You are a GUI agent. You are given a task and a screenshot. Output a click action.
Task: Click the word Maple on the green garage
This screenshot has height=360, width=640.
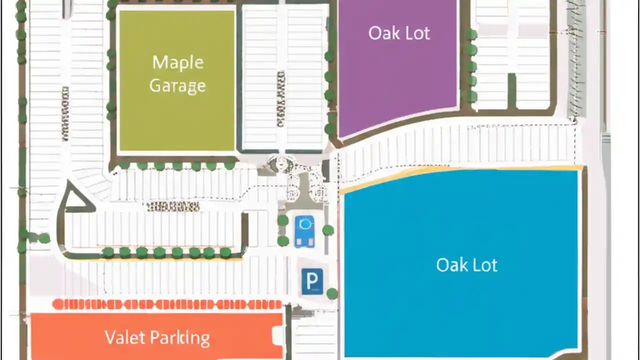177,63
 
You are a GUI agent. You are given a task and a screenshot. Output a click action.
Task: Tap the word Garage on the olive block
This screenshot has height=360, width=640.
177,86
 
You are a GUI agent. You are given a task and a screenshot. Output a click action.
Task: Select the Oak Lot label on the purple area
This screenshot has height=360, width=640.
399,33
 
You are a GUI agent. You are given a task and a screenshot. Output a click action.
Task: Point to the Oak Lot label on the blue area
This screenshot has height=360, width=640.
466,264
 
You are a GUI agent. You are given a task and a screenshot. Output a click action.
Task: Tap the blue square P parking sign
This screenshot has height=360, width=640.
312,281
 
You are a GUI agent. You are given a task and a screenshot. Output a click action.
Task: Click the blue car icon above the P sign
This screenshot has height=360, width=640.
304,231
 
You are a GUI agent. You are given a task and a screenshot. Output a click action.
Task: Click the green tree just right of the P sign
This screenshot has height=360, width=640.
332,293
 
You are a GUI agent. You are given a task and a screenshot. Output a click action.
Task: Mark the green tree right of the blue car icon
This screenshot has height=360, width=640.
328,230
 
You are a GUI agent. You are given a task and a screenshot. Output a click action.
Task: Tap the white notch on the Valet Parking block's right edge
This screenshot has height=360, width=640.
277,335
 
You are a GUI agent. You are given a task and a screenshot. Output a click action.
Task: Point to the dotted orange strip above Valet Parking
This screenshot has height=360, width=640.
167,304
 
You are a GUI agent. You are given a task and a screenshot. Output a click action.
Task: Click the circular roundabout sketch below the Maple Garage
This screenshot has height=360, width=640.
280,163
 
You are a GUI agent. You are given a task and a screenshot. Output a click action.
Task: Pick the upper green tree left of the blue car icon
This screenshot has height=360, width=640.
283,220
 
